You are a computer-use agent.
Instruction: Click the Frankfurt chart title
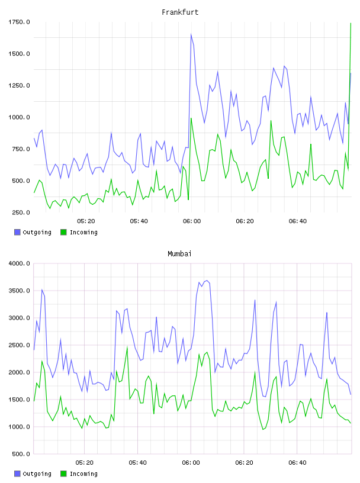pos(180,12)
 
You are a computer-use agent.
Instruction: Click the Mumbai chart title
pos(179,254)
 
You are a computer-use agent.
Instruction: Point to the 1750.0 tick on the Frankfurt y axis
pos(19,22)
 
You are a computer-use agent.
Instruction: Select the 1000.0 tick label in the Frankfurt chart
pos(19,117)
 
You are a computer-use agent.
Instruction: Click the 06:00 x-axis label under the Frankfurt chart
pos(192,221)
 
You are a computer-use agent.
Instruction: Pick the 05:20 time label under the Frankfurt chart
pos(86,221)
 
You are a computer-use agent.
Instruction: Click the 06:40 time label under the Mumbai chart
pos(297,462)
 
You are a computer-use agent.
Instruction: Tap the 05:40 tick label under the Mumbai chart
pos(138,462)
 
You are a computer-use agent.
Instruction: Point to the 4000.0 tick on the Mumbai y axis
pos(19,263)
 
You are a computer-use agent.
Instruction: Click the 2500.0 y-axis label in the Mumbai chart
pos(19,345)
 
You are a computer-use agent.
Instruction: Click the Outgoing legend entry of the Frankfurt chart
pos(33,232)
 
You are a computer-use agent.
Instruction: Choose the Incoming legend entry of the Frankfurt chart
pos(79,232)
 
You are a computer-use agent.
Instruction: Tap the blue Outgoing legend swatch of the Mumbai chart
pos(17,474)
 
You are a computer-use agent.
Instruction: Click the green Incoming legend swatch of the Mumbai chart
pos(63,474)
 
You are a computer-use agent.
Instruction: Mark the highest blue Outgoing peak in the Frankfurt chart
pos(191,34)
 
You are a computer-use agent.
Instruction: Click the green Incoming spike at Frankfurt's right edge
pos(351,24)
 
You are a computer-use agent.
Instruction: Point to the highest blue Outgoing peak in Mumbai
pos(207,281)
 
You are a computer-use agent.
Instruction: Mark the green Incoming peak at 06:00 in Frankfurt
pos(191,118)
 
